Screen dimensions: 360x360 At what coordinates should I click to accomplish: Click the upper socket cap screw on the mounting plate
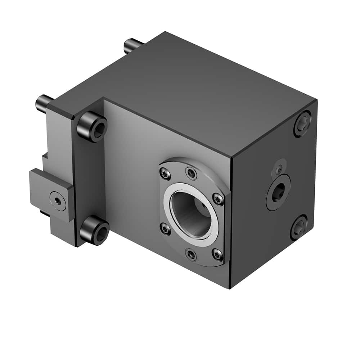point(93,127)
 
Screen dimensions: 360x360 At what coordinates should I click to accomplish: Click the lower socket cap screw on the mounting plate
point(95,230)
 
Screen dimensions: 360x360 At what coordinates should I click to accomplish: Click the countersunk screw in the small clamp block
point(58,200)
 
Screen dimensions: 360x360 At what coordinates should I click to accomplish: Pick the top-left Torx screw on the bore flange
point(165,174)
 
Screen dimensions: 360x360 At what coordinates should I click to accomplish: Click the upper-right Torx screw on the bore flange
point(218,199)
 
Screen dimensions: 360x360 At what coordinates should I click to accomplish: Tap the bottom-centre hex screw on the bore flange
point(191,255)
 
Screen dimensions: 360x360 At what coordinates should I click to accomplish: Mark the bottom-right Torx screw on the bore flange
point(217,255)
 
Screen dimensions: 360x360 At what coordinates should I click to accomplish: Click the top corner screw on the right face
point(302,124)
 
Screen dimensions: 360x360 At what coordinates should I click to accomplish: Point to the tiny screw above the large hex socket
point(279,167)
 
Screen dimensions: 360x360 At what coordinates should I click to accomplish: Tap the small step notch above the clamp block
point(45,158)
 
